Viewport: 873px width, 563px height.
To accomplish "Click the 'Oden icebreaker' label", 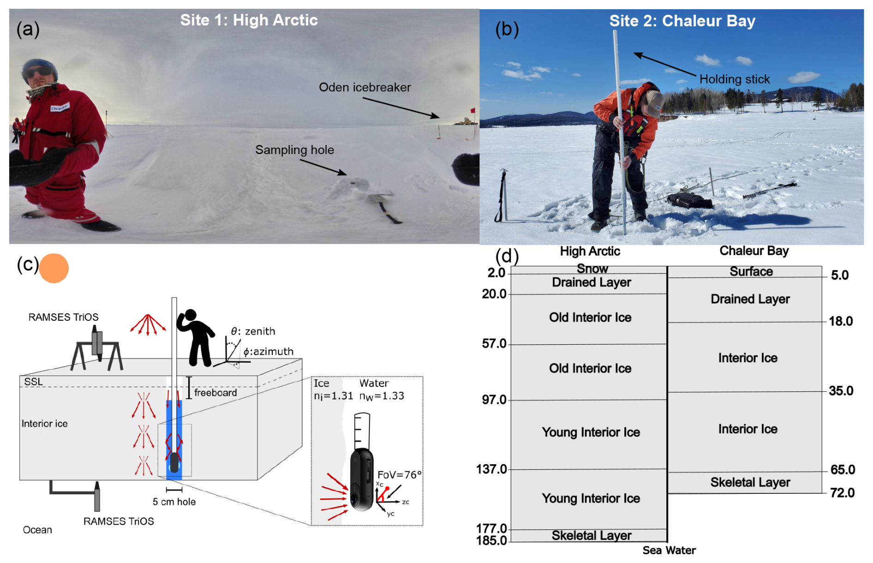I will pyautogui.click(x=365, y=87).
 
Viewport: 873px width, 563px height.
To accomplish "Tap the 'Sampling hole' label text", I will pyautogui.click(x=294, y=150).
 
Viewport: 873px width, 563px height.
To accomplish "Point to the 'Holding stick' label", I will pyautogui.click(x=734, y=79).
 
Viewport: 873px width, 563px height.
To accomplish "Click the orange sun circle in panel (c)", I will pyautogui.click(x=54, y=268).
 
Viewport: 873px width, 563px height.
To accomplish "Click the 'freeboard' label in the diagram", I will pyautogui.click(x=215, y=393).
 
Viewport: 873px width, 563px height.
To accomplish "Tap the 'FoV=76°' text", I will pyautogui.click(x=399, y=475).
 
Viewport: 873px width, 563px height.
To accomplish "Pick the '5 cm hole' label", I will pyautogui.click(x=174, y=502).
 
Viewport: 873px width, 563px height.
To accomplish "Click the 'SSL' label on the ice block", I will pyautogui.click(x=33, y=382).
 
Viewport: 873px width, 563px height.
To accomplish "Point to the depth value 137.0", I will pyautogui.click(x=491, y=469).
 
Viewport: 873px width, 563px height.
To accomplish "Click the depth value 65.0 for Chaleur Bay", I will pyautogui.click(x=842, y=470).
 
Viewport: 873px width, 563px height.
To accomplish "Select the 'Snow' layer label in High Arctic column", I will pyautogui.click(x=592, y=269).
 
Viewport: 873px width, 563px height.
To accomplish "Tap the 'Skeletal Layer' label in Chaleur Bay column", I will pyautogui.click(x=750, y=482).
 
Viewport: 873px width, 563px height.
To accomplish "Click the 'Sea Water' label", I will pyautogui.click(x=669, y=550).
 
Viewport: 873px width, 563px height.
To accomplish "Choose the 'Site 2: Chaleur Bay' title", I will pyautogui.click(x=682, y=21).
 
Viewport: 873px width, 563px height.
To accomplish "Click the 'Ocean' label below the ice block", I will pyautogui.click(x=37, y=530).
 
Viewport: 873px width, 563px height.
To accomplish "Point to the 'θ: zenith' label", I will pyautogui.click(x=253, y=331).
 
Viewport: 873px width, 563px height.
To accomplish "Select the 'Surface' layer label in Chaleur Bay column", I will pyautogui.click(x=751, y=271).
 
